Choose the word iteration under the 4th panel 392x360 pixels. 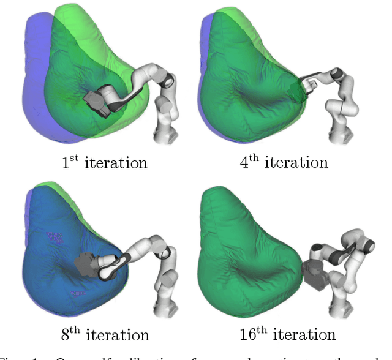point(297,163)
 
